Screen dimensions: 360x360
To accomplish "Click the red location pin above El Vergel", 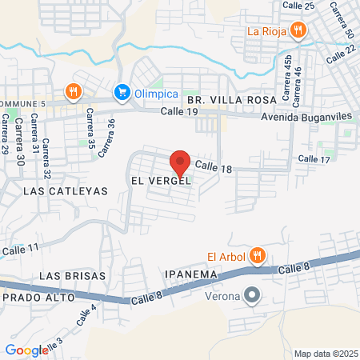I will (180, 162).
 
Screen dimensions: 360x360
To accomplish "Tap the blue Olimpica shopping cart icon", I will (122, 92).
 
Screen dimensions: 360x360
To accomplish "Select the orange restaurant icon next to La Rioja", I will (298, 31).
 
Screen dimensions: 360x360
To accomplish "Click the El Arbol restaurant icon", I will (257, 256).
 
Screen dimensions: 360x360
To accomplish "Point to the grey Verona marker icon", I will (252, 296).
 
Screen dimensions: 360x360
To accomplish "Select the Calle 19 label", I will (178, 112).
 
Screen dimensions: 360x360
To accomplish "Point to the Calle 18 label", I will (213, 167).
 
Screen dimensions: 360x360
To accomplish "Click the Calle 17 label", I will (314, 160).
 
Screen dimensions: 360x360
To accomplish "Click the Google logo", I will (26, 350).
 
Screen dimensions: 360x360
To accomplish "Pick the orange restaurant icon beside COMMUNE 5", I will (73, 90).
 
